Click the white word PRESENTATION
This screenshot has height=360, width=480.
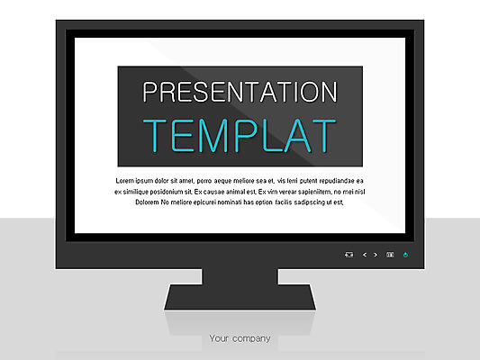click(x=240, y=92)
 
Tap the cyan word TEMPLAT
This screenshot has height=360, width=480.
click(x=240, y=136)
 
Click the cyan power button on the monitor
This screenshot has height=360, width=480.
click(x=405, y=255)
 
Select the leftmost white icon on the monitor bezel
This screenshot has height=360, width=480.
click(x=349, y=255)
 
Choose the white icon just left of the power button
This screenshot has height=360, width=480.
click(x=390, y=255)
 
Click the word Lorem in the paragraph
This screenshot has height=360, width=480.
click(x=124, y=181)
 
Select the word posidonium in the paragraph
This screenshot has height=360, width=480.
click(x=167, y=192)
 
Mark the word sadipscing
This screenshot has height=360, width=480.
click(x=309, y=202)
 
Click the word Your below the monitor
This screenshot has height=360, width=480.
click(x=219, y=338)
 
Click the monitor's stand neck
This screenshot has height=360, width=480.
click(x=240, y=277)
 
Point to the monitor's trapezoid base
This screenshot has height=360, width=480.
click(x=240, y=297)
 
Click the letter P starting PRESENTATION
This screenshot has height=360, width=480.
click(x=149, y=92)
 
